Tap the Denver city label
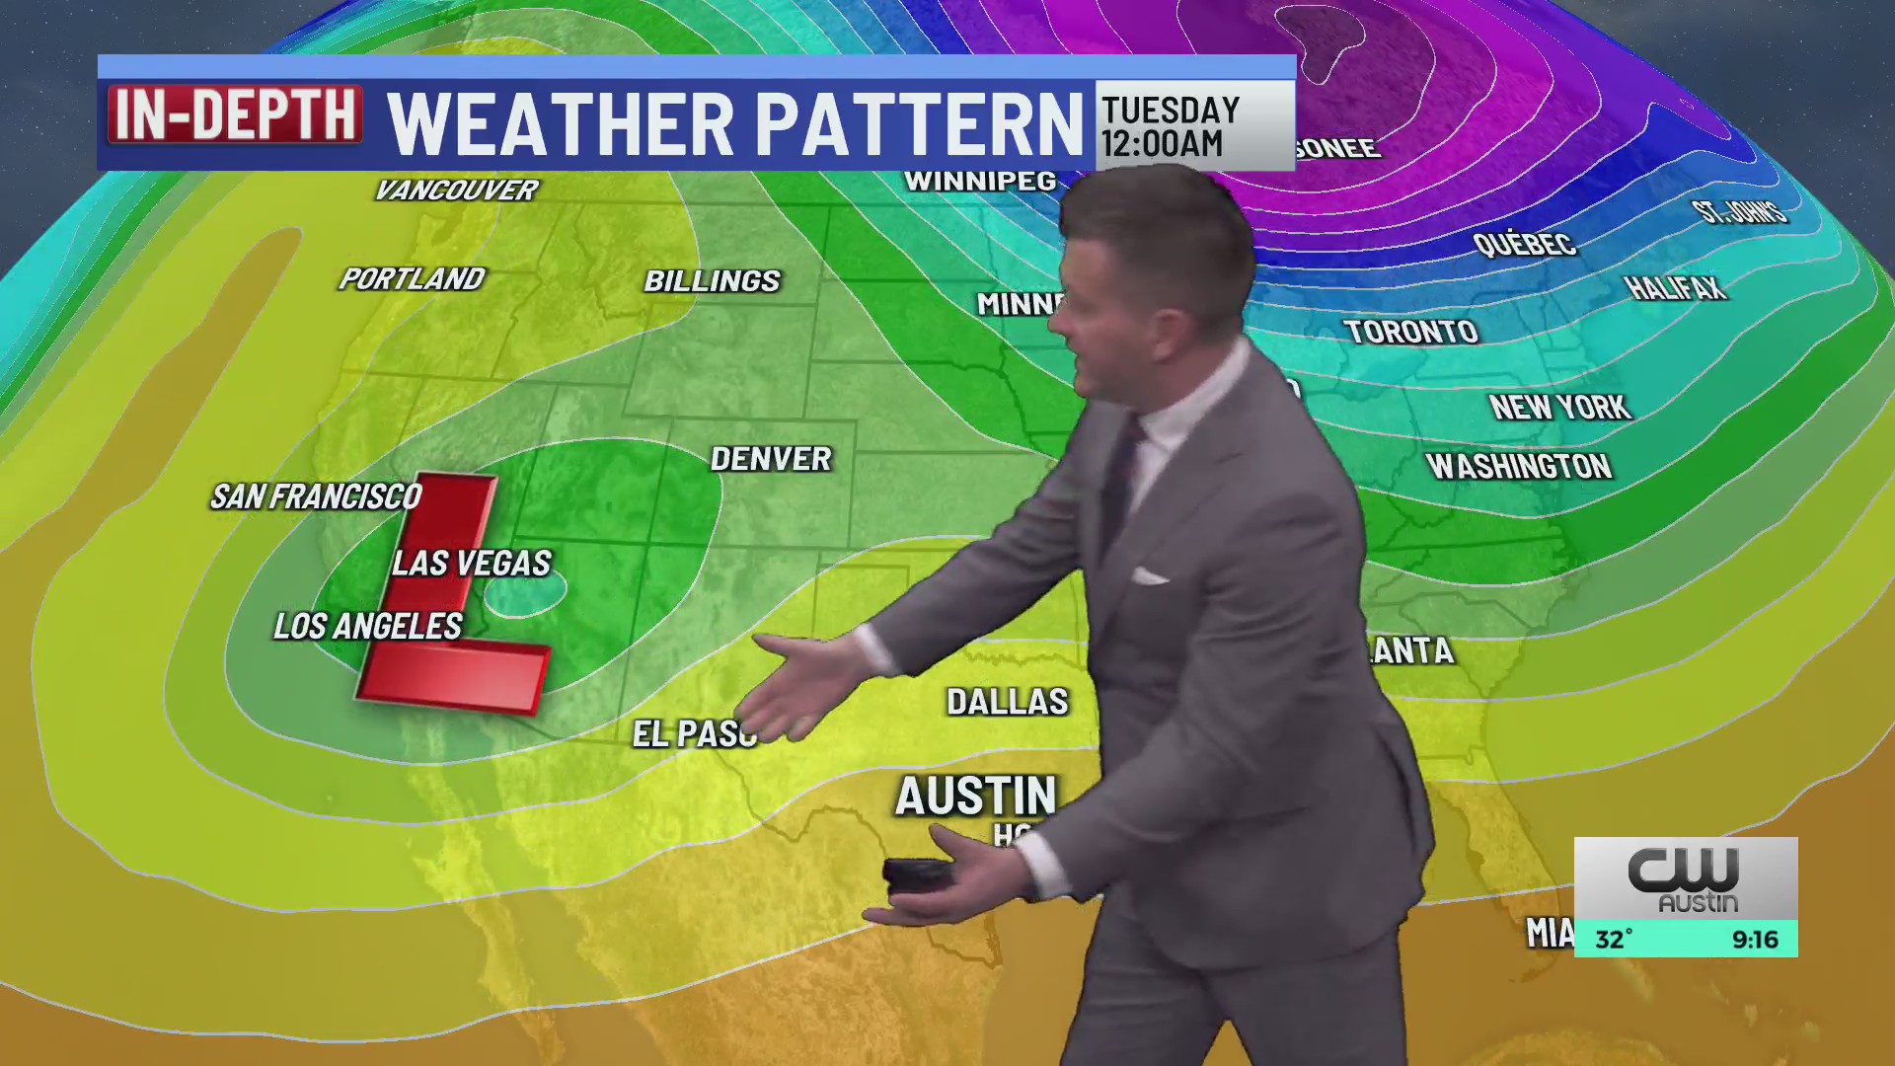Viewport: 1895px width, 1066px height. pos(771,459)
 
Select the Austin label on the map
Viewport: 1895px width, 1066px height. pos(975,796)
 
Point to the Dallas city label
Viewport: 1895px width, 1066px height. pos(1007,702)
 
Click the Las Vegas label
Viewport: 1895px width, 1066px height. pos(471,564)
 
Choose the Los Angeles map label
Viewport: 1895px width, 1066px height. pos(367,626)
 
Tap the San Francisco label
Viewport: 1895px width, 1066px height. pos(316,496)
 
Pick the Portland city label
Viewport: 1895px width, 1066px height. pos(412,279)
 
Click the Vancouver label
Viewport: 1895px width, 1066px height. pos(456,190)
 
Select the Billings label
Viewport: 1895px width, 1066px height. pos(712,281)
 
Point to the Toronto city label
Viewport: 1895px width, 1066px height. pos(1410,332)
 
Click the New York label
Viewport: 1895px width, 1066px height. pos(1559,407)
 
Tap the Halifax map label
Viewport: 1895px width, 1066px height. pos(1675,288)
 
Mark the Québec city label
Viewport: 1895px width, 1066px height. pos(1524,244)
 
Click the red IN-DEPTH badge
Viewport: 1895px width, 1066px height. pos(235,114)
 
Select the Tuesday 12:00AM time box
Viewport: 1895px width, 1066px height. pos(1194,125)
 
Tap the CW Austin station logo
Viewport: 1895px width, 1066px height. pos(1685,878)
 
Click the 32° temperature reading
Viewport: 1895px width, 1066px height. pos(1614,940)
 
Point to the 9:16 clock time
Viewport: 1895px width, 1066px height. pos(1754,940)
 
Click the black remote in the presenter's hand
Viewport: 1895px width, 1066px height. pos(917,875)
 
